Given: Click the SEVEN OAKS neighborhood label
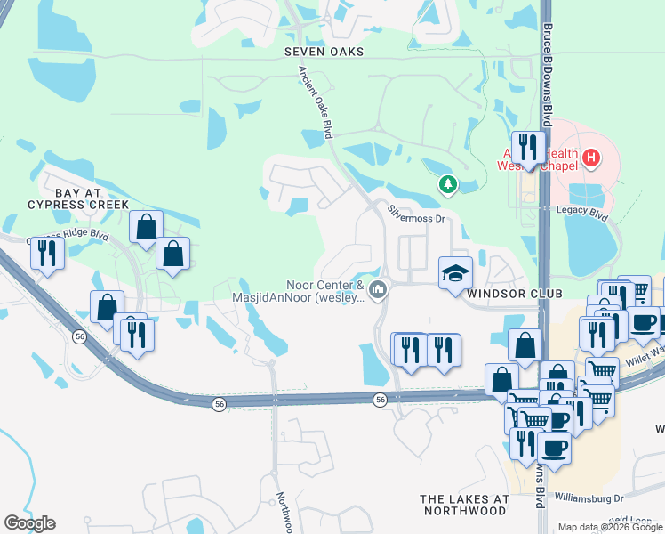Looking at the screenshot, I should (x=324, y=52).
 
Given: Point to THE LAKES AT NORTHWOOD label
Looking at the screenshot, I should (x=464, y=505).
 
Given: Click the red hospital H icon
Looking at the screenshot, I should (x=590, y=159).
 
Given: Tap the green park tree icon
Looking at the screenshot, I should (x=448, y=184).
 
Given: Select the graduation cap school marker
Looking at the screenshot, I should (x=454, y=272).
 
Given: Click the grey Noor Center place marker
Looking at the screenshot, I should (x=378, y=289).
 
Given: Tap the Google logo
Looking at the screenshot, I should (x=29, y=523).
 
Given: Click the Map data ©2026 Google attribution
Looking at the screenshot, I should (x=609, y=527).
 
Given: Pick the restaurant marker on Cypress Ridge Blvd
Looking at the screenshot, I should (x=46, y=253).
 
